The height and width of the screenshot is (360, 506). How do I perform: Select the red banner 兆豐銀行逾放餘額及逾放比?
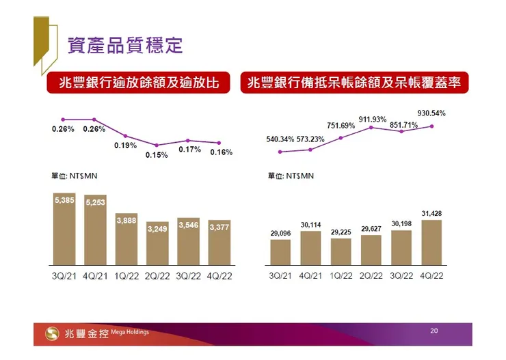[x=139, y=83]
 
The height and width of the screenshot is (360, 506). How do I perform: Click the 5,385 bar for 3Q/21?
[x=67, y=230]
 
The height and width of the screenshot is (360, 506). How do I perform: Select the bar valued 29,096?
[x=280, y=252]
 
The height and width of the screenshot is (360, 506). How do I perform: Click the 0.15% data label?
[x=157, y=155]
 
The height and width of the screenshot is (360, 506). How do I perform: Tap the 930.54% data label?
[x=431, y=112]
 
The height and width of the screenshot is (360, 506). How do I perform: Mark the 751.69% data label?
[x=341, y=126]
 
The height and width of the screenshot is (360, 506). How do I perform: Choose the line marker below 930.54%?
[x=432, y=126]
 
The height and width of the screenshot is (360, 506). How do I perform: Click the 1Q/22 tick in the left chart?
[x=127, y=276]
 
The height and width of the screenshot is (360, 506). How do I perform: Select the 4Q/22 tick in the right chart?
[x=431, y=276]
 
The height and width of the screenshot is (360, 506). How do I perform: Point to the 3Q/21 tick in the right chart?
[x=280, y=276]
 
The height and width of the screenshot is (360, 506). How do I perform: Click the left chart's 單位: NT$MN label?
[x=75, y=176]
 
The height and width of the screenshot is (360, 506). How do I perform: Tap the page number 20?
[x=434, y=331]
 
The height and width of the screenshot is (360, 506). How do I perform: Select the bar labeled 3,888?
[x=127, y=238]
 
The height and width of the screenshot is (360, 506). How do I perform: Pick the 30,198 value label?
[x=401, y=224]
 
